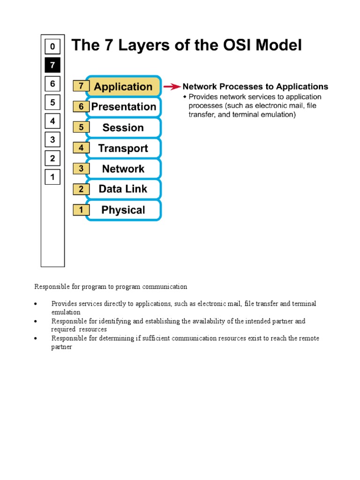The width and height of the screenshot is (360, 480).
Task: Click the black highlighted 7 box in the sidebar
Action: (x=52, y=65)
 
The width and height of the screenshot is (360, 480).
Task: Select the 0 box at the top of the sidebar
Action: (x=52, y=46)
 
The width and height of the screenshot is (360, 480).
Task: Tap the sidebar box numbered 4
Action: (x=52, y=121)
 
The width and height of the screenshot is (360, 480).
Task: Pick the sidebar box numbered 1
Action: (x=52, y=177)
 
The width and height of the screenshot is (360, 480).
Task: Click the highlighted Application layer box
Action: (x=123, y=87)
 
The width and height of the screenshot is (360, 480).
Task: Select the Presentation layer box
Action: (x=123, y=107)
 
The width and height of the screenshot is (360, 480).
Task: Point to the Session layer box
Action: (x=123, y=127)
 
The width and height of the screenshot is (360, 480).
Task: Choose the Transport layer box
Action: (x=123, y=149)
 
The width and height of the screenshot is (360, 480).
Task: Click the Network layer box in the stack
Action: (x=123, y=169)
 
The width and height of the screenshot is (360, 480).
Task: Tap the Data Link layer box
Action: (x=123, y=189)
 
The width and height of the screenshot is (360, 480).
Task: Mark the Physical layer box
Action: (x=123, y=210)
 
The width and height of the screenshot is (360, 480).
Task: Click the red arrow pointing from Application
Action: (x=172, y=87)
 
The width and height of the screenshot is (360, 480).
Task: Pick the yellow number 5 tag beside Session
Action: (x=81, y=127)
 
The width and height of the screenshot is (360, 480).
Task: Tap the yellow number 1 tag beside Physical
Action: (x=81, y=210)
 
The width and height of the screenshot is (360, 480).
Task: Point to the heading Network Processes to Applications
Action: (x=255, y=87)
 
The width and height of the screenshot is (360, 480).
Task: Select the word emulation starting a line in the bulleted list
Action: (x=66, y=312)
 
